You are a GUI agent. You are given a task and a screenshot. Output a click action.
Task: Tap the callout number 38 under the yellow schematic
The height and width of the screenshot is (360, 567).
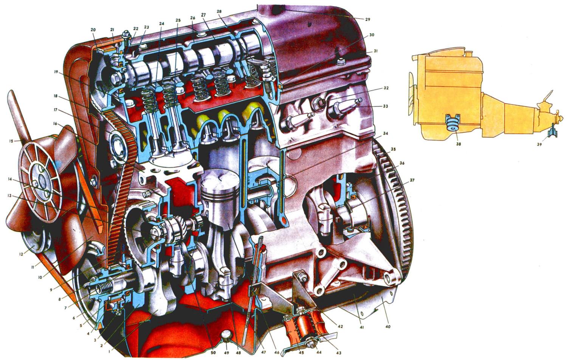click(459, 144)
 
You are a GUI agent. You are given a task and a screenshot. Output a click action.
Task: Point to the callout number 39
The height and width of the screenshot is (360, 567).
click(539, 144)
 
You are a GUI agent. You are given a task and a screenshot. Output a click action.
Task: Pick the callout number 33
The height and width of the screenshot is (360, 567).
click(385, 106)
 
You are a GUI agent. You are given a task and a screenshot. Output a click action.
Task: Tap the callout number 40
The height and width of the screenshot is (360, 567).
click(388, 327)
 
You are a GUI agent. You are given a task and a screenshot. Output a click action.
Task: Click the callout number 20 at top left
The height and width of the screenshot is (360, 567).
click(93, 30)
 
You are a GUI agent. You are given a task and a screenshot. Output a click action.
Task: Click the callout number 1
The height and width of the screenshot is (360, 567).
click(109, 351)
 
